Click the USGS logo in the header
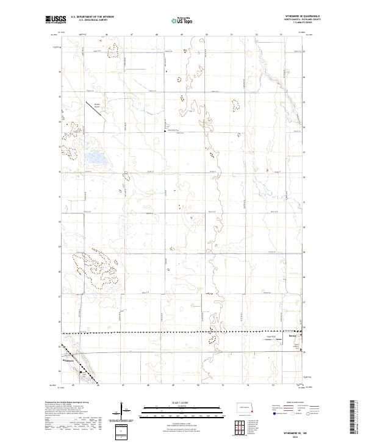pyautogui.click(x=54, y=20)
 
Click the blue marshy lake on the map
pyautogui.click(x=95, y=160)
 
